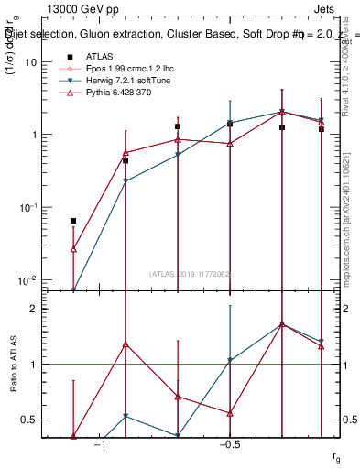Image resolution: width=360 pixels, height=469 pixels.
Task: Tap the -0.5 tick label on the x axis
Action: (229, 444)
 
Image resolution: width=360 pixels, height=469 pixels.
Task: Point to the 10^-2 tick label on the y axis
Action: (27, 279)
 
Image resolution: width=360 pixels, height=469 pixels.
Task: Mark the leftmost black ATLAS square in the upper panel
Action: (73, 221)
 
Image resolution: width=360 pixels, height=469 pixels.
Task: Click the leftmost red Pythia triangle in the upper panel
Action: (73, 248)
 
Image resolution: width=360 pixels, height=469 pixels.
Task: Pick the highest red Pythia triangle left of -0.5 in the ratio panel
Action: (125, 344)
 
